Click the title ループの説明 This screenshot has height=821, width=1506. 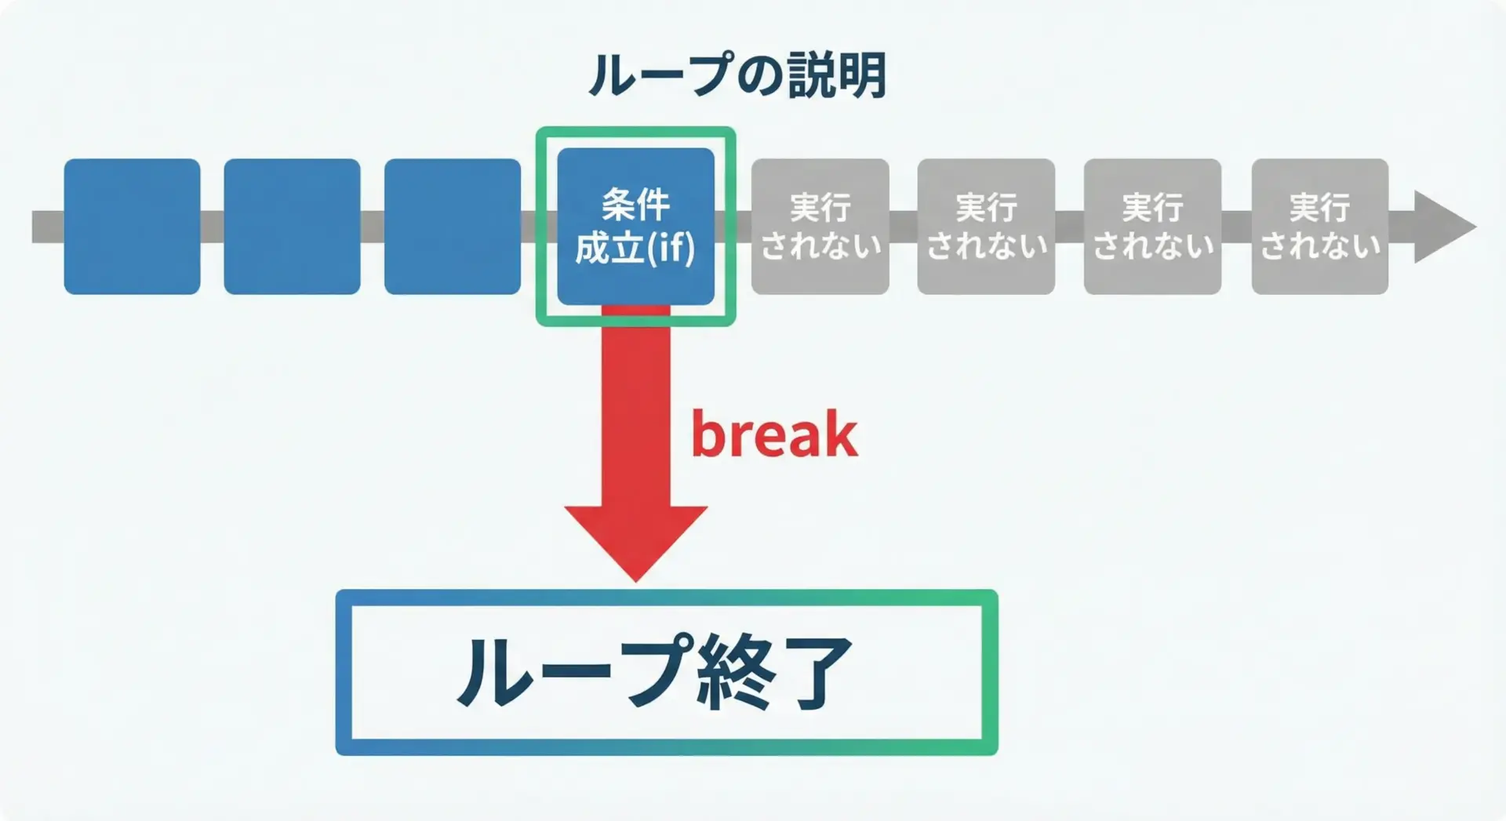click(x=737, y=75)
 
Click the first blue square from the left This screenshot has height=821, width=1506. click(x=132, y=227)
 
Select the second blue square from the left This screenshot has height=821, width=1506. click(x=292, y=227)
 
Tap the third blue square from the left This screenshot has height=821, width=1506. click(x=453, y=227)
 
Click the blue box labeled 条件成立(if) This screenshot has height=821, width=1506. click(x=635, y=226)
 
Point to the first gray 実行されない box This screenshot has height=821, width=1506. click(x=820, y=227)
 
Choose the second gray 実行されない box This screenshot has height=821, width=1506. click(x=986, y=227)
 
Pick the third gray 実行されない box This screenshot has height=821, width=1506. click(x=1152, y=227)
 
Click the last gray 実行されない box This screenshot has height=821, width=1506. click(x=1320, y=227)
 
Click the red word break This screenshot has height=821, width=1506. click(x=774, y=434)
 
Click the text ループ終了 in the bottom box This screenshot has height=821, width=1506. click(x=656, y=673)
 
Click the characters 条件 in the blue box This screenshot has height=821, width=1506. click(x=635, y=205)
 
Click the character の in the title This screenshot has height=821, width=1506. click(x=756, y=76)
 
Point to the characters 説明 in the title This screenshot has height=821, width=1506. click(x=837, y=75)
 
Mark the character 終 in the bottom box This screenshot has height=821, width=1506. click(x=733, y=673)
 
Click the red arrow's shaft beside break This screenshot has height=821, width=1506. click(x=636, y=416)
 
